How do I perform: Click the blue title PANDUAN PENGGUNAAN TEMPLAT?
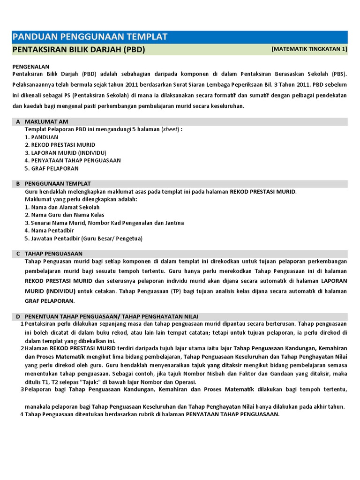(x=89, y=37)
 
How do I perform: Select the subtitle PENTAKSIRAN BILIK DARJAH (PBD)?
(x=78, y=50)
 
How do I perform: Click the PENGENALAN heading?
(x=31, y=67)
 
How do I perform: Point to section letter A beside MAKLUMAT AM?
(x=18, y=121)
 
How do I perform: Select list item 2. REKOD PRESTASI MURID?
(x=60, y=145)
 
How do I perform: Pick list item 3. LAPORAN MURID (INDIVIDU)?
(x=65, y=153)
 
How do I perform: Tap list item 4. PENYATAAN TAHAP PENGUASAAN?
(x=73, y=160)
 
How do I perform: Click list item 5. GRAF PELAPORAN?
(x=52, y=168)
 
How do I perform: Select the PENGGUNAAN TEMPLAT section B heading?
(x=58, y=184)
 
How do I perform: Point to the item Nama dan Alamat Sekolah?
(x=62, y=207)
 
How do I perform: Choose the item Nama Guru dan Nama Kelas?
(x=64, y=215)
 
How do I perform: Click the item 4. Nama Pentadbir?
(x=49, y=231)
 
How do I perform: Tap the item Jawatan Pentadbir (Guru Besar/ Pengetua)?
(x=83, y=239)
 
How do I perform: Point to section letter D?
(x=18, y=316)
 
